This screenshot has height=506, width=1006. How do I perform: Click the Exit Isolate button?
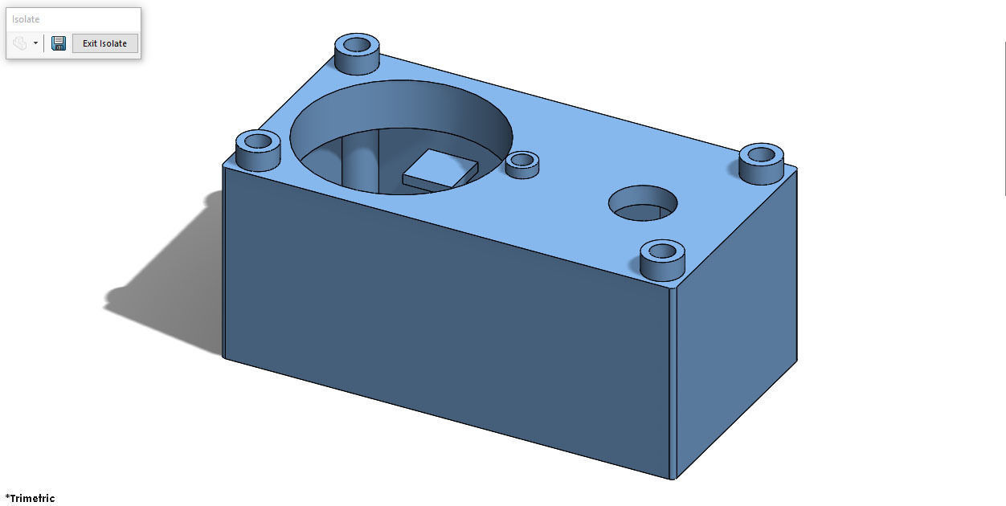coord(104,43)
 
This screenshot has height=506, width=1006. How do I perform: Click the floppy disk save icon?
coord(59,43)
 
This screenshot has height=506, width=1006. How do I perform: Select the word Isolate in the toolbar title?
coord(26,19)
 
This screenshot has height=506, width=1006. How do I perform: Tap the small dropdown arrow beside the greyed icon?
coord(35,43)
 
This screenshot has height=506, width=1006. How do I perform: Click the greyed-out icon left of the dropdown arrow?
coord(20,43)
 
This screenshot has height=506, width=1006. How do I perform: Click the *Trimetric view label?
coord(30,498)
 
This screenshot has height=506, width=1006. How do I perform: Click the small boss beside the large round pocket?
coord(522,164)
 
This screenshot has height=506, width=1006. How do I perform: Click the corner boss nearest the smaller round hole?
coord(662,259)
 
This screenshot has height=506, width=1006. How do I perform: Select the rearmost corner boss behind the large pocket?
coord(357,53)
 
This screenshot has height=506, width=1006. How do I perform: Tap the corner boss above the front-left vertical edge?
coord(258,149)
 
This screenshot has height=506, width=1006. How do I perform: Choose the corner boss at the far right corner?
coord(761,163)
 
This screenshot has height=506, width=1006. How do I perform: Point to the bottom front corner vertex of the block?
coord(672,479)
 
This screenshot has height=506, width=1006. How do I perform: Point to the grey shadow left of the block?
coord(161,289)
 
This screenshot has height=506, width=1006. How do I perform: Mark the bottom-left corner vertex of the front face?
coord(223,357)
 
